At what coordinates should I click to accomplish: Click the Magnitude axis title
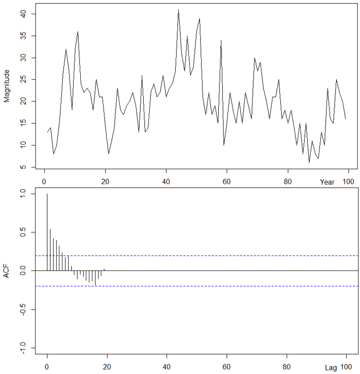point(7,87)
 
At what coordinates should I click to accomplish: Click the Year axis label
point(327,182)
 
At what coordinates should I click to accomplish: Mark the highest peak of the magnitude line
point(178,10)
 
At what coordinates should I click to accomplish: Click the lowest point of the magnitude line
point(309,162)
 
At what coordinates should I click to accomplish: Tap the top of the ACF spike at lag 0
point(47,194)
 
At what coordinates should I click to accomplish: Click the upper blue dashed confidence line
point(203,255)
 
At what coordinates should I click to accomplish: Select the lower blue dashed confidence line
point(203,286)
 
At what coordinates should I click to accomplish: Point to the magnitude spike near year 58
point(221,41)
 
